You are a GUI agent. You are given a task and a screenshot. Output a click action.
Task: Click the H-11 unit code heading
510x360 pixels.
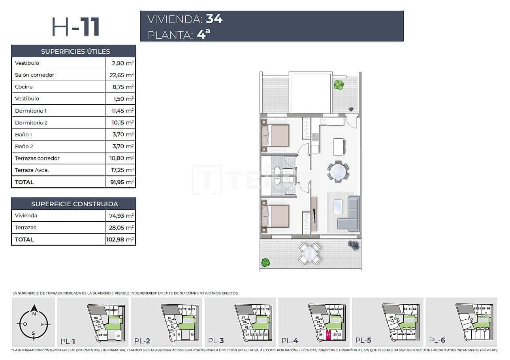(75, 27)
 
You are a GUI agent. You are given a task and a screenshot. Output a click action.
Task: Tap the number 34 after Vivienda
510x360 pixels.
(214, 19)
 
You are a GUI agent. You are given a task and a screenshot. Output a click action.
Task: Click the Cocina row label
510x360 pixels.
(24, 87)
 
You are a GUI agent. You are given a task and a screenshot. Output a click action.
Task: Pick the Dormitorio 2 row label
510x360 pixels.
(31, 123)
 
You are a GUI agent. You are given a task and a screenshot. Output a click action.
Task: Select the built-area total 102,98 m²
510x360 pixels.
(120, 239)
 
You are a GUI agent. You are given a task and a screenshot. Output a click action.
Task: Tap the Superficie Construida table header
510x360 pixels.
(74, 204)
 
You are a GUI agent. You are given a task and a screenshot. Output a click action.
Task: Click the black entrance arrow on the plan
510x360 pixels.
(351, 109)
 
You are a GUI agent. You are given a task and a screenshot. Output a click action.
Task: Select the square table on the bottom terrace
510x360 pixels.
(309, 253)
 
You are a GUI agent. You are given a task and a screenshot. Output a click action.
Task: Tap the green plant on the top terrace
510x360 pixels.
(338, 84)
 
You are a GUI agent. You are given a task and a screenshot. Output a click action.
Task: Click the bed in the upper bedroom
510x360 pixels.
(275, 135)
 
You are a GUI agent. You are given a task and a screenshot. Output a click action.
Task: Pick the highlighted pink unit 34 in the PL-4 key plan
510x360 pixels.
(328, 334)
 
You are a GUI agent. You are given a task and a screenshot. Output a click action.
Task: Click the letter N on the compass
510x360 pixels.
(34, 314)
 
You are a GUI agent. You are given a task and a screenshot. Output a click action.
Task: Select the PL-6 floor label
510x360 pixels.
(437, 340)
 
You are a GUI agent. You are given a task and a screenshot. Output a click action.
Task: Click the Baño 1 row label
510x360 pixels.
(24, 134)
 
